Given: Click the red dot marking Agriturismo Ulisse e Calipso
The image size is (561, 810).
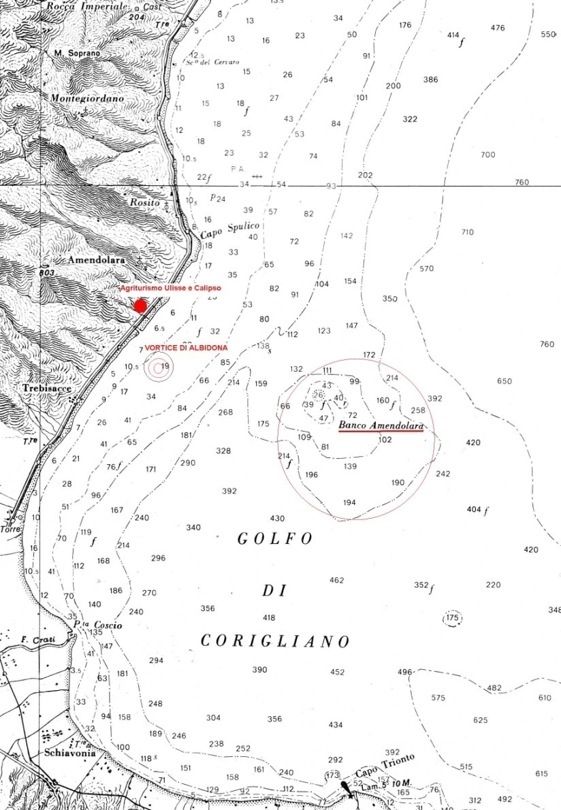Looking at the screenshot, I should coord(140,306).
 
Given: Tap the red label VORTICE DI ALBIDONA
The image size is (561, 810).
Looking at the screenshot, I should coord(187,347).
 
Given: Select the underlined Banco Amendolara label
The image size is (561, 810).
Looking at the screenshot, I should coord(381,426).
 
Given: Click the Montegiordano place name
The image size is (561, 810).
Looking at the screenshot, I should coord(87,99).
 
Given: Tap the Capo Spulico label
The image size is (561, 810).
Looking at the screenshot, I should coord(229,230).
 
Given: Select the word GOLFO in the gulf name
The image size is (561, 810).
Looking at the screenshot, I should coord(275,539).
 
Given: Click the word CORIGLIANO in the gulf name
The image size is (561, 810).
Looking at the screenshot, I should coord(275,641).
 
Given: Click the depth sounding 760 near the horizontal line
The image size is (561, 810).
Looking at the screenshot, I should coord(522,182).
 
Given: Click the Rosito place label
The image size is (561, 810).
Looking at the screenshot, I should coord(144,203).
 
